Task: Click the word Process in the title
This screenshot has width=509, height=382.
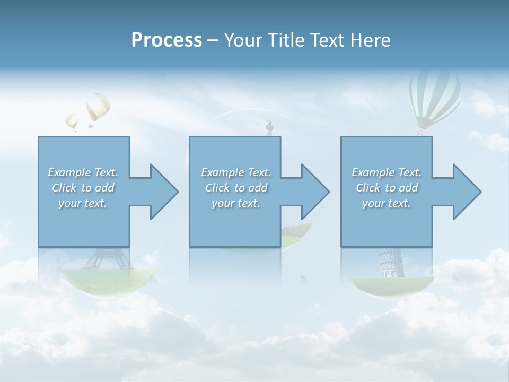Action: click(166, 40)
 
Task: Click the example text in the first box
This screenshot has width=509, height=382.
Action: click(83, 188)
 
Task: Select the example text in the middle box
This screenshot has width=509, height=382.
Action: click(236, 188)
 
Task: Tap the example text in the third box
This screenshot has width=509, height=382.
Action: click(387, 188)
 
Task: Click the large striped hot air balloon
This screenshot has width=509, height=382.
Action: click(434, 95)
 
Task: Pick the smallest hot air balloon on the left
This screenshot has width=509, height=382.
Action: click(72, 122)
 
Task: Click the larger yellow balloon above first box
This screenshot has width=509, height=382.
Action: click(98, 107)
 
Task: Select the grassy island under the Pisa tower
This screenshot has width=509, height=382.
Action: click(391, 285)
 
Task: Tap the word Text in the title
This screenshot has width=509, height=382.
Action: click(325, 40)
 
